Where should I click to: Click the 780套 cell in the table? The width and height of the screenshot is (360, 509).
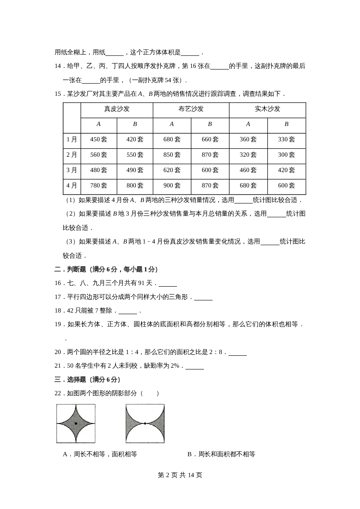pyautogui.click(x=99, y=185)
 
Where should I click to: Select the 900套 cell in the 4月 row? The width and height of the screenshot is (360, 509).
pyautogui.click(x=172, y=185)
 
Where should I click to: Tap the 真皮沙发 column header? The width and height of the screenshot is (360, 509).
pyautogui.click(x=117, y=109)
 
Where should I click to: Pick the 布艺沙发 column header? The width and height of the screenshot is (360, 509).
pyautogui.click(x=191, y=109)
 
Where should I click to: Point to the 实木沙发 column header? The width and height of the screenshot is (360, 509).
pyautogui.click(x=267, y=109)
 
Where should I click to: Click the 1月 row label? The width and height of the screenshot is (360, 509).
pyautogui.click(x=72, y=140)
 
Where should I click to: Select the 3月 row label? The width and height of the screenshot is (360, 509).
pyautogui.click(x=72, y=170)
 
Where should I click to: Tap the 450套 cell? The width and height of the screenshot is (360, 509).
pyautogui.click(x=99, y=140)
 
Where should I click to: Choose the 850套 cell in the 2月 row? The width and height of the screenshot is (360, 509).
pyautogui.click(x=172, y=155)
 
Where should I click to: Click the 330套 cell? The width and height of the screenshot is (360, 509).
pyautogui.click(x=286, y=140)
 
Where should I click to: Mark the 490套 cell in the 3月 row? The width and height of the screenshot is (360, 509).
pyautogui.click(x=135, y=170)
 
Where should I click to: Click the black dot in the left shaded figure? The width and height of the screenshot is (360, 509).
pyautogui.click(x=76, y=423)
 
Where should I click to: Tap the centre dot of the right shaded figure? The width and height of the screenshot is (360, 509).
pyautogui.click(x=145, y=423)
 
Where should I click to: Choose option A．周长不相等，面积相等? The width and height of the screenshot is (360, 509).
pyautogui.click(x=100, y=454)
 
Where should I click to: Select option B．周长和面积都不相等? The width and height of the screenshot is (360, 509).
pyautogui.click(x=221, y=454)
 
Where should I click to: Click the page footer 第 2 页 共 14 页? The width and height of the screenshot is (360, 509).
pyautogui.click(x=180, y=475)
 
